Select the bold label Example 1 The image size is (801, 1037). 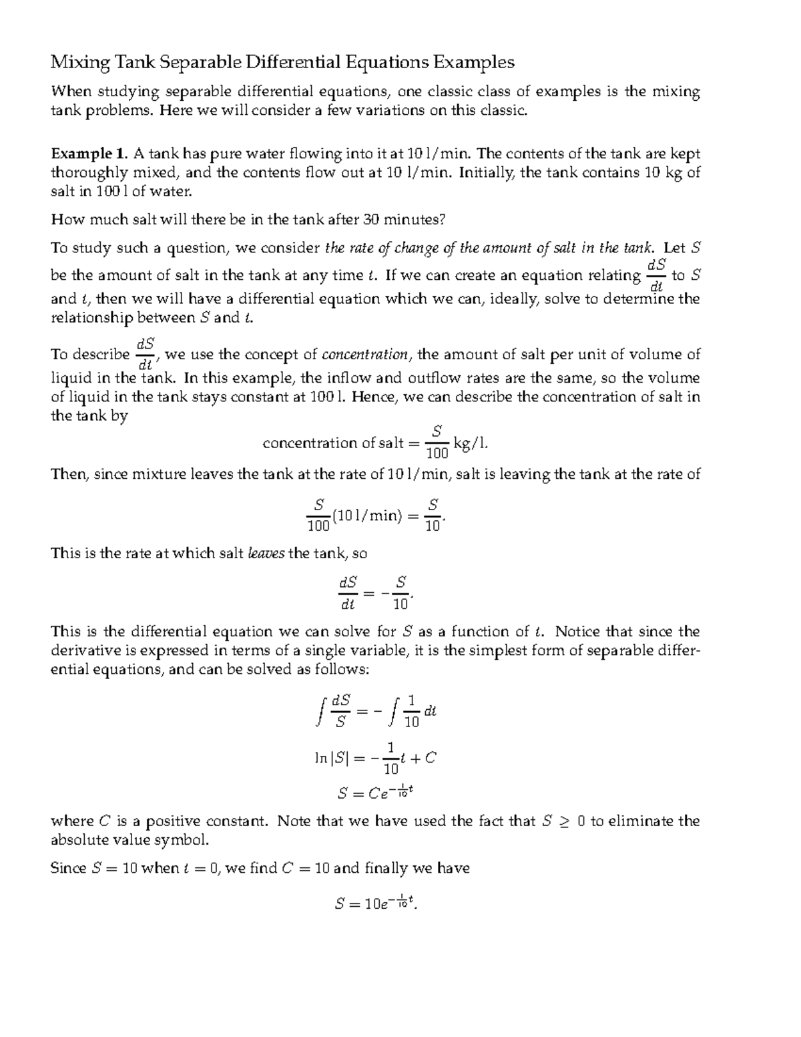pos(89,154)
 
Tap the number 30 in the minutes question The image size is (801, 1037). pos(371,219)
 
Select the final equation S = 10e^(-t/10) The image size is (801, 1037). pos(377,903)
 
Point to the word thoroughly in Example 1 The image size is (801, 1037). pos(89,172)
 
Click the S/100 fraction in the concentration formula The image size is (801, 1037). pos(437,442)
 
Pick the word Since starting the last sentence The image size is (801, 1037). pos(68,868)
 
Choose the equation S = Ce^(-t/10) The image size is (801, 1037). pos(377,793)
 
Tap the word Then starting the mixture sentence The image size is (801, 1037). pos(69,474)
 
